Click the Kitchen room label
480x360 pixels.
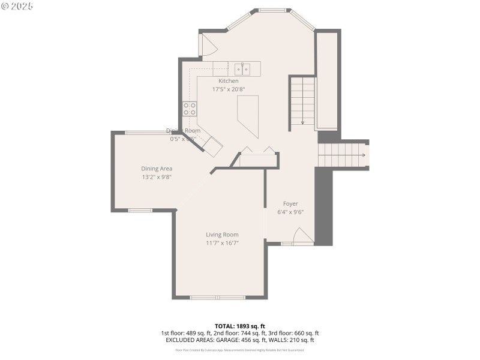pos(228,81)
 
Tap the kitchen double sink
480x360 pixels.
pos(242,68)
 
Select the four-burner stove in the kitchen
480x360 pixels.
pos(190,109)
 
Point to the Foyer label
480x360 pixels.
pos(290,204)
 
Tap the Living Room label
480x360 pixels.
pos(222,235)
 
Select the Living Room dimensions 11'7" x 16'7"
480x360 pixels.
pos(222,243)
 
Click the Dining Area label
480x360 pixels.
pos(157,169)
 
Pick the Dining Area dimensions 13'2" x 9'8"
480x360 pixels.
pos(157,177)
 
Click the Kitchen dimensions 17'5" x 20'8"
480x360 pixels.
pos(228,89)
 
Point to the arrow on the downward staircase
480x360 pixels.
pos(302,121)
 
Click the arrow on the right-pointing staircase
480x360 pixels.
pos(363,155)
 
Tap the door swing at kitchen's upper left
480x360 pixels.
pos(207,47)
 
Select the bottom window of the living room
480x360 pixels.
pos(217,297)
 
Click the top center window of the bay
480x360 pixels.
pos(272,10)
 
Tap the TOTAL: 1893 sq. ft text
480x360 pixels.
pos(239,326)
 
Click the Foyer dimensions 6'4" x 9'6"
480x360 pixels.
pos(290,212)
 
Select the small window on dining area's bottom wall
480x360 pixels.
pos(140,210)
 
